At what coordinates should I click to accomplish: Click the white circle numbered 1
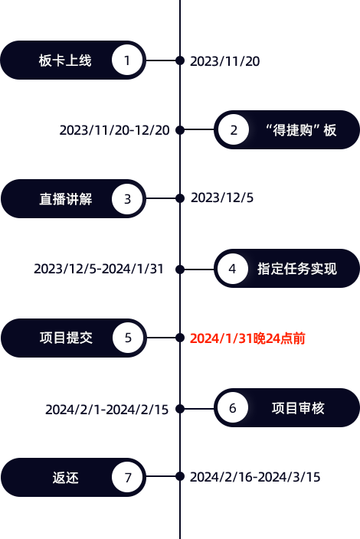pos(127,60)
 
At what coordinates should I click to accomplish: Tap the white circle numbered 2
pos(234,130)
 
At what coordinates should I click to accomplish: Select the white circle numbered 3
pos(127,199)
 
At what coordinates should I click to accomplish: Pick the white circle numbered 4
pos(233,269)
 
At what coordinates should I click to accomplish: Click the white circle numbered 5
pos(128,338)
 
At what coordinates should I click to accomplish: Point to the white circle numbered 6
pos(233,408)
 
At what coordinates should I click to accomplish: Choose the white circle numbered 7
pos(127,477)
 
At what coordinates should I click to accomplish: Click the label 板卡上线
pos(65,60)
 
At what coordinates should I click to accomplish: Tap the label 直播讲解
pos(66,199)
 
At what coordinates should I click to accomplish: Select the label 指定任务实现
pos(297,269)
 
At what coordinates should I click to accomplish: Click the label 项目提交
pos(66,338)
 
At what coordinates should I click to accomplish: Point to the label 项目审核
pos(298,408)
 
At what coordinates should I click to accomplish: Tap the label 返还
pos(66,478)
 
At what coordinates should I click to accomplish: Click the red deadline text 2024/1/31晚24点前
pos(247,338)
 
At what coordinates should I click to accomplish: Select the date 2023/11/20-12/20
pos(114,130)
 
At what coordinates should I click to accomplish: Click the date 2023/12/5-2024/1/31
pos(99,269)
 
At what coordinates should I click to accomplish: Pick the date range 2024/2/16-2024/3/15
pos(255,477)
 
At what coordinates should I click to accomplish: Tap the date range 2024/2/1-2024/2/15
pos(107,410)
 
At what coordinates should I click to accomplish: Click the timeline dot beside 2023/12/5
pos(180,198)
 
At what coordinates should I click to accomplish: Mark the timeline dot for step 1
pos(180,60)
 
